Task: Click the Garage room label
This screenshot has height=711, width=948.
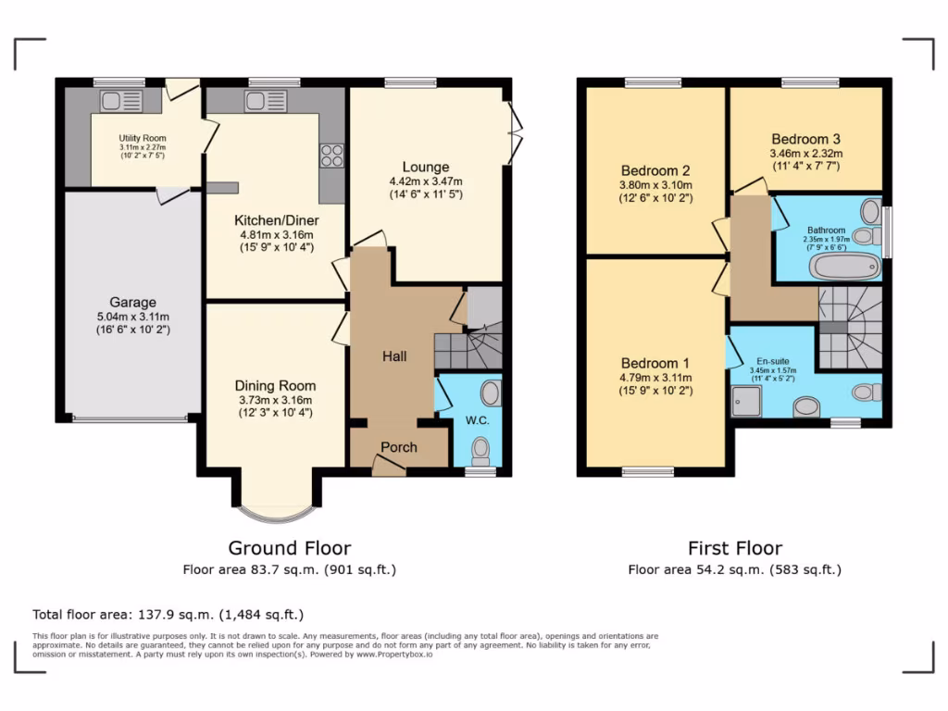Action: point(133,302)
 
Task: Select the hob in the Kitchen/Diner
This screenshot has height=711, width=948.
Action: point(331,156)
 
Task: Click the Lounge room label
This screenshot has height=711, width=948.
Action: point(426,168)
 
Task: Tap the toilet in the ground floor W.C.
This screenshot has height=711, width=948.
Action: point(480,451)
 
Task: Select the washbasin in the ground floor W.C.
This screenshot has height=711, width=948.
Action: point(491,395)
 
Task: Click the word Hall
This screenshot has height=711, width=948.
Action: point(394,356)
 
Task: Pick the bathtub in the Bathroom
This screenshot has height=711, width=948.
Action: point(843,267)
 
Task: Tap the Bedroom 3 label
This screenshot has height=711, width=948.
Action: point(805,138)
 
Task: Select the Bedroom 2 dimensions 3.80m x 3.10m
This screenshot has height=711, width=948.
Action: point(655,185)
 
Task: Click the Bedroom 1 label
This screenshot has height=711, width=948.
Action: point(655,363)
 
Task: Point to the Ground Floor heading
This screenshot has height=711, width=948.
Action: point(290,548)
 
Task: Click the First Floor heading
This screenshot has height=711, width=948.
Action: point(734,548)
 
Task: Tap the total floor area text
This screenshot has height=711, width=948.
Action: point(168,614)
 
